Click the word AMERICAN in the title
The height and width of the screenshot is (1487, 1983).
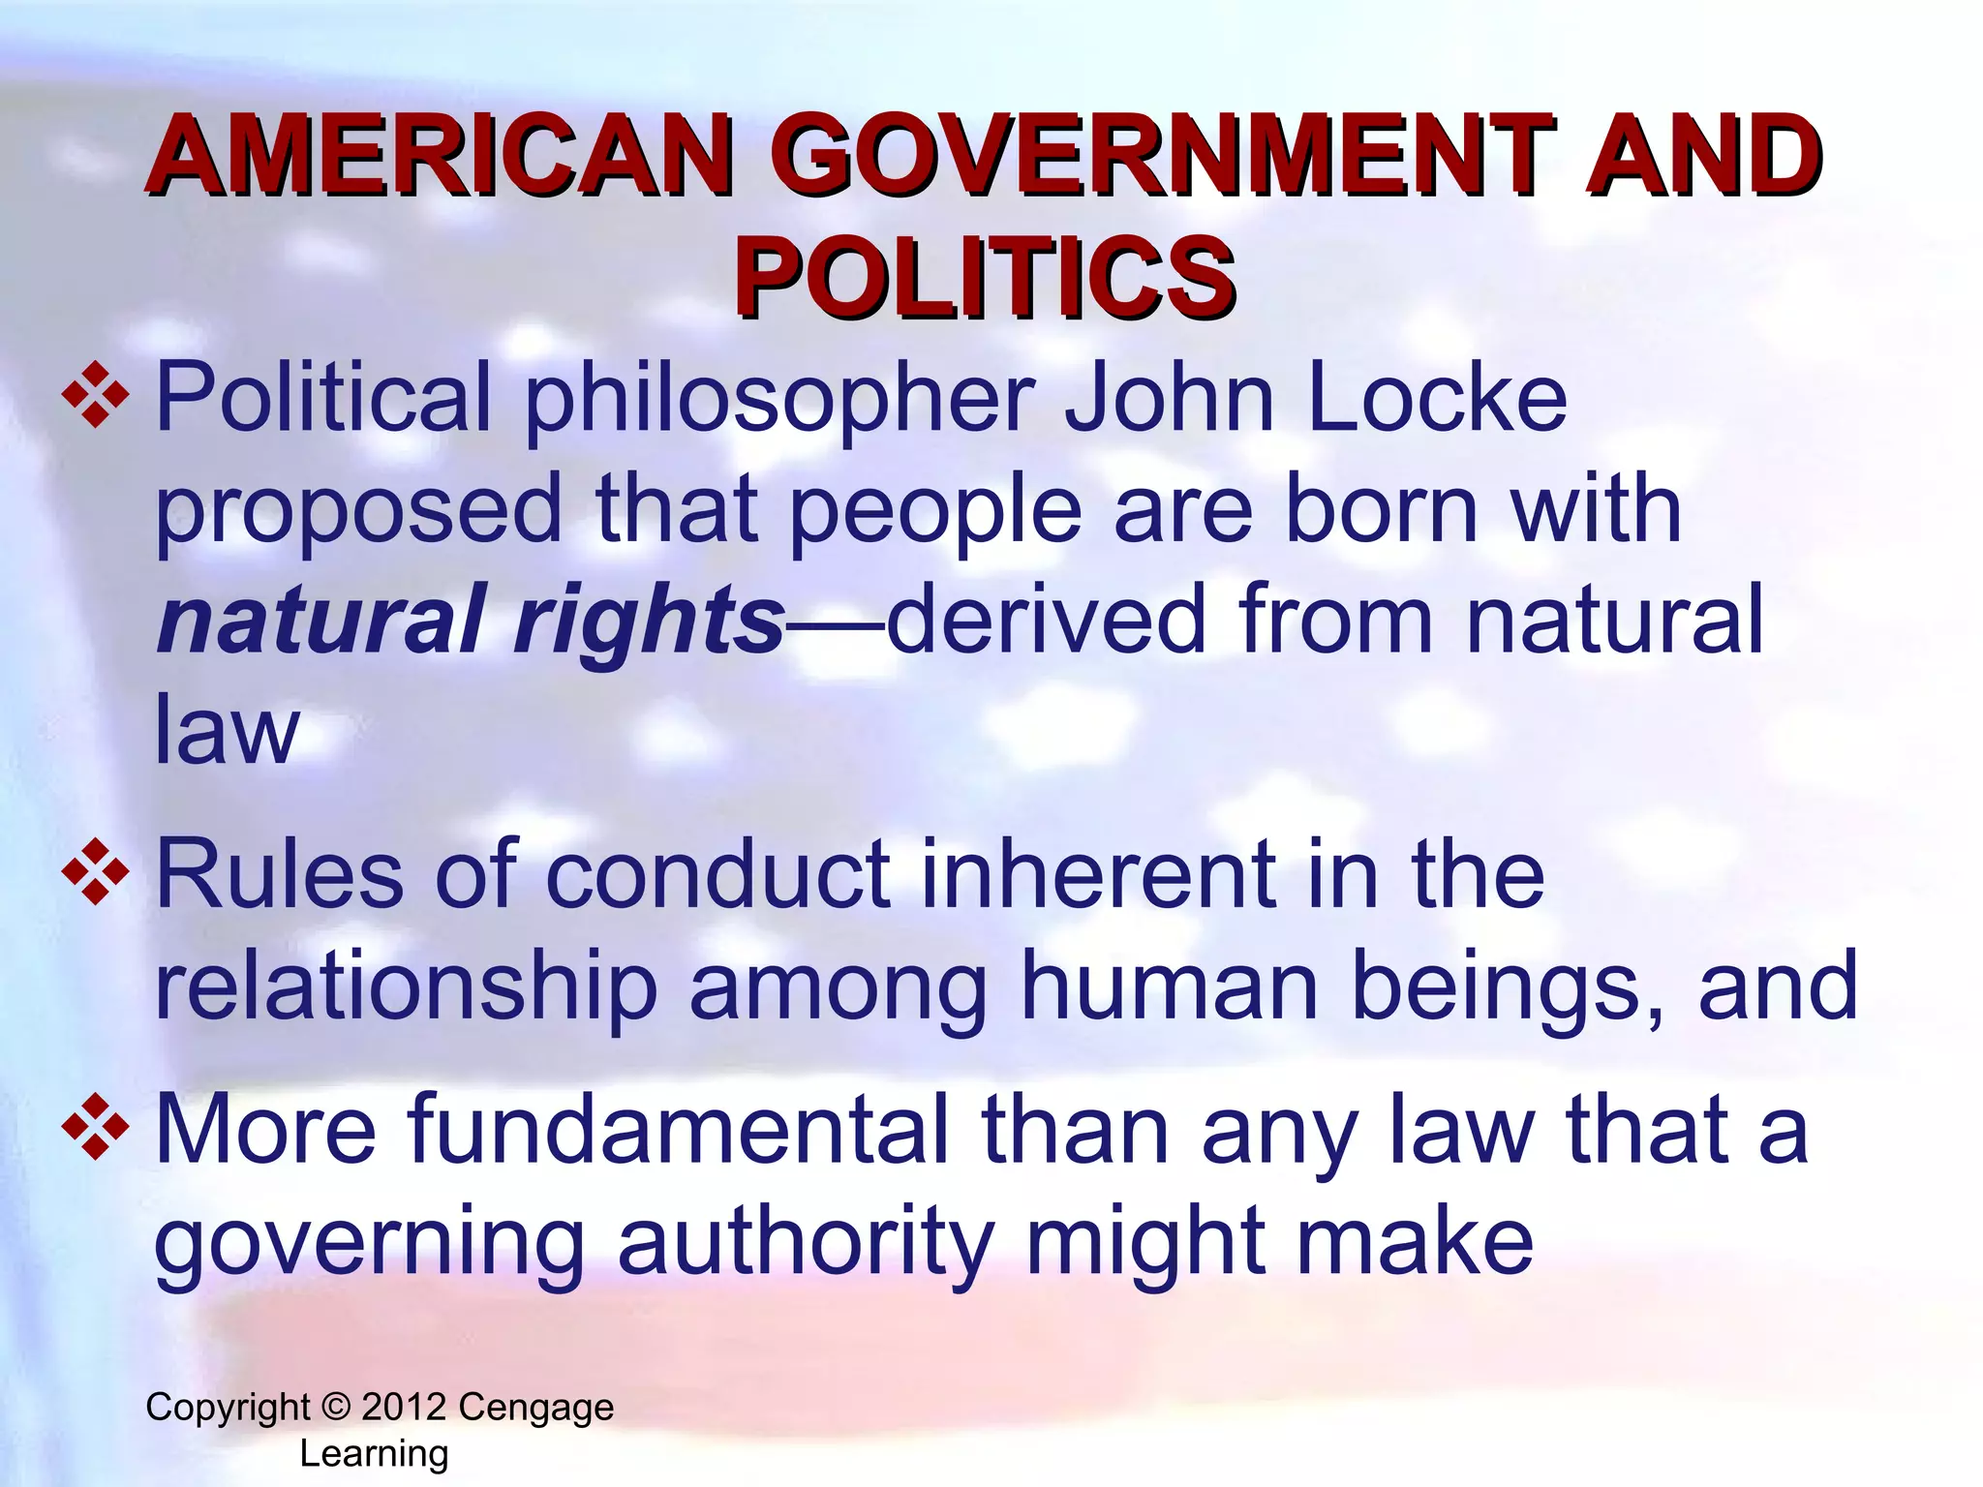[441, 157]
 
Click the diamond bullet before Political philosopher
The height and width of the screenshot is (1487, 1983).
[95, 395]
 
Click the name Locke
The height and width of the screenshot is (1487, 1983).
[1437, 397]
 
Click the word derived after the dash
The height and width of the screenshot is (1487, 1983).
[1046, 620]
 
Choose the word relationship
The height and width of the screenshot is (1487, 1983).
[406, 987]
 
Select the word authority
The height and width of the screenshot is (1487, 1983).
[806, 1243]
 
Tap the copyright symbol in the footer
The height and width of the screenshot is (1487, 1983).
[335, 1407]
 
